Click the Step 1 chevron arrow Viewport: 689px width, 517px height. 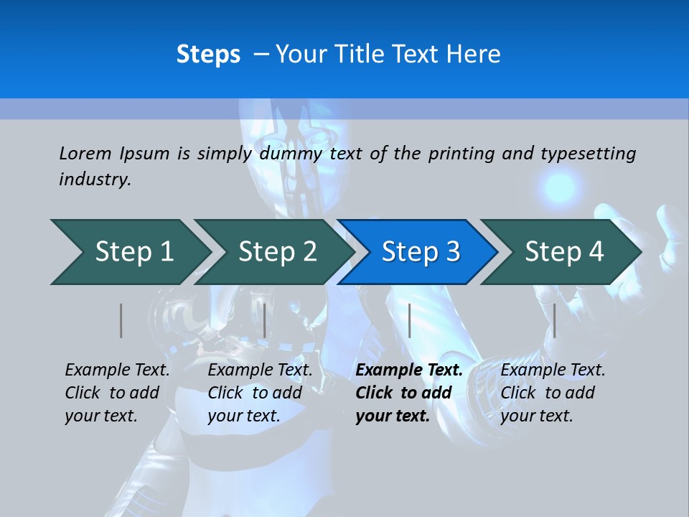point(133,252)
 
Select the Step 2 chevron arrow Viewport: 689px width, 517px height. point(277,252)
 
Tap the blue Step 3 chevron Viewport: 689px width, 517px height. point(421,252)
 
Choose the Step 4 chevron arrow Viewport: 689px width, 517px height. point(564,252)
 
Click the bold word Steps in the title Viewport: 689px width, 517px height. point(208,55)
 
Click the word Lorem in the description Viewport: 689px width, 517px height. point(85,153)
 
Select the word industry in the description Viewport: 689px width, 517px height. point(94,180)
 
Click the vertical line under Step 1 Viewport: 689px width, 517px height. point(121,320)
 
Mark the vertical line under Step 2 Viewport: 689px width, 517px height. point(265,320)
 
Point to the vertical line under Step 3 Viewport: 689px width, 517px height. point(409,320)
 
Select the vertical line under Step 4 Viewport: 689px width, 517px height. point(554,320)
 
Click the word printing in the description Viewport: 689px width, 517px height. point(461,153)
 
